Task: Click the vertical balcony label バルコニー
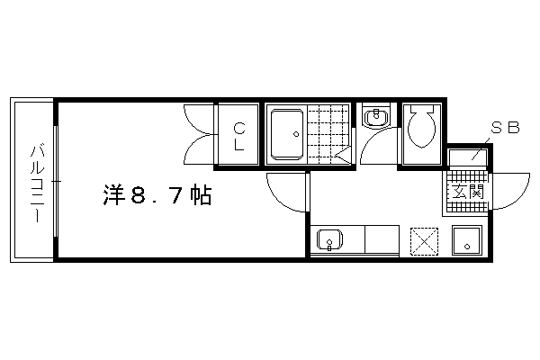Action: click(x=38, y=184)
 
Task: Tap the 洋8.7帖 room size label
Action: click(x=157, y=195)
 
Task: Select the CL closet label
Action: click(x=239, y=137)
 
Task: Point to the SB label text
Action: click(x=505, y=128)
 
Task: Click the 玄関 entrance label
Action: click(x=468, y=192)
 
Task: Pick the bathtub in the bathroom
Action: click(x=287, y=134)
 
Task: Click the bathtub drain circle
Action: click(x=296, y=134)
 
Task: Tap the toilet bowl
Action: click(x=422, y=126)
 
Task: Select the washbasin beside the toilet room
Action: click(x=376, y=116)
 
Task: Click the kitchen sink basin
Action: click(x=329, y=239)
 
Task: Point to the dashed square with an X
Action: click(x=424, y=241)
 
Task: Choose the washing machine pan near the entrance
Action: click(x=467, y=240)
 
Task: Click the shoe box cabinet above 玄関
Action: click(x=468, y=157)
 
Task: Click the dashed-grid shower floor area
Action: click(x=328, y=134)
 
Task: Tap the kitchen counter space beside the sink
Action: click(x=382, y=239)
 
